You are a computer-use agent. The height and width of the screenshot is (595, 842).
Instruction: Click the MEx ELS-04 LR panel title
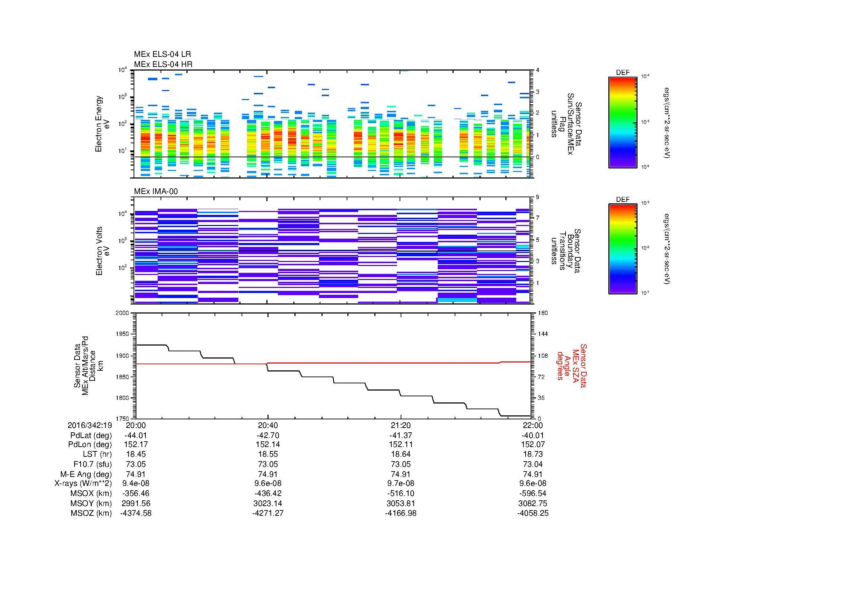[162, 54]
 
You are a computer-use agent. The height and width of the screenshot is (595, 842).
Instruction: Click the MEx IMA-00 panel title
[156, 191]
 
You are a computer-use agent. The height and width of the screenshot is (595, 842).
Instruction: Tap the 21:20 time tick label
[401, 425]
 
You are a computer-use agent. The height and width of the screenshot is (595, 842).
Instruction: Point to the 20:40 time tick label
[268, 425]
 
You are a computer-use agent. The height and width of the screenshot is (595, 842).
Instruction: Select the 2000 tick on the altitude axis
[122, 313]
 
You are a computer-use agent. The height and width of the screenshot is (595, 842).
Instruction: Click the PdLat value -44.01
[136, 436]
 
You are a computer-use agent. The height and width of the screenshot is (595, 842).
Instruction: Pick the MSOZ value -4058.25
[533, 513]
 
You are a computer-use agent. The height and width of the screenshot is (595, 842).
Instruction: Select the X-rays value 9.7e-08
[401, 483]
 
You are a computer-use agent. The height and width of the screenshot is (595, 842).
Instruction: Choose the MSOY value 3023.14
[268, 503]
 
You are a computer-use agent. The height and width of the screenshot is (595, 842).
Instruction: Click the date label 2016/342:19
[90, 425]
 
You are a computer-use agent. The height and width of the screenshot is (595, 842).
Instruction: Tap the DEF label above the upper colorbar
[622, 73]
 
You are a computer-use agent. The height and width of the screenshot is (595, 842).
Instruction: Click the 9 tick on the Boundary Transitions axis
[537, 197]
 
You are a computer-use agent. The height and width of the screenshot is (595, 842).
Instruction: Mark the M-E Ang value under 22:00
[533, 474]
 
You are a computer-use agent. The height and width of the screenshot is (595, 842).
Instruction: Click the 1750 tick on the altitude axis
[122, 419]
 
